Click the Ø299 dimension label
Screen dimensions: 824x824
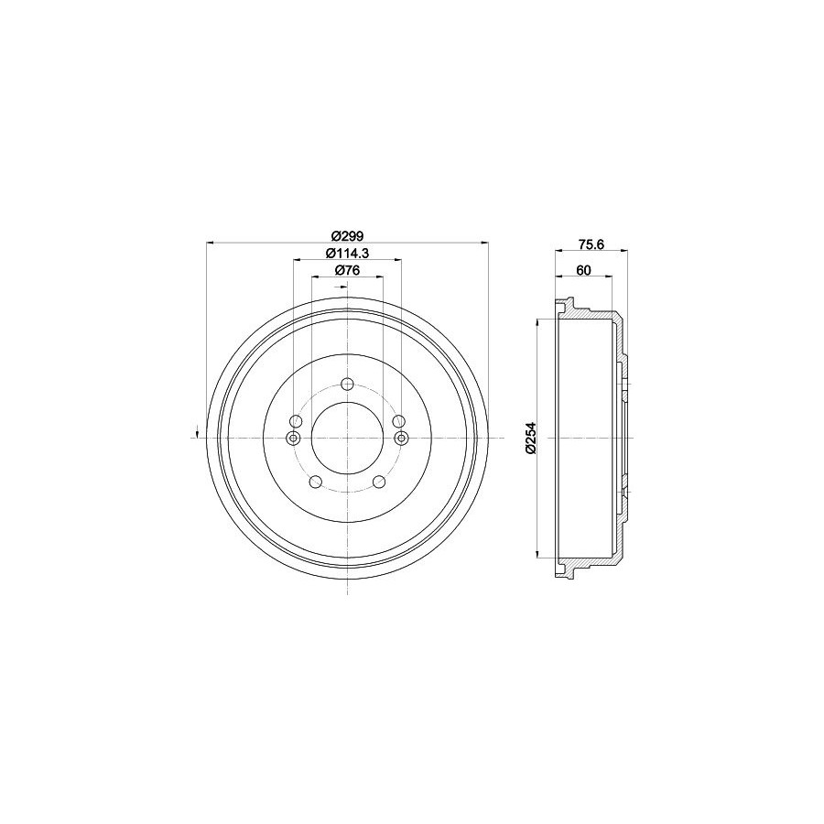pos(347,235)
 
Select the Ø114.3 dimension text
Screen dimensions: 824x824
pos(347,253)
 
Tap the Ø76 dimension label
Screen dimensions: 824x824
pos(347,270)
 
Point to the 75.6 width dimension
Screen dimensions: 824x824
pos(591,244)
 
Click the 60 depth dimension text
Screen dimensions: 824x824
pos(584,270)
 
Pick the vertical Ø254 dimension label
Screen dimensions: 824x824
pos(530,438)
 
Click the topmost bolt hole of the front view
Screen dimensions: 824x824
pos(347,385)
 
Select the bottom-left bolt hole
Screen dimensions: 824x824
pos(316,481)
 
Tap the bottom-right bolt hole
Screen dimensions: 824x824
pos(379,481)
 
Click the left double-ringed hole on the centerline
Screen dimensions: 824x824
pos(293,438)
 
